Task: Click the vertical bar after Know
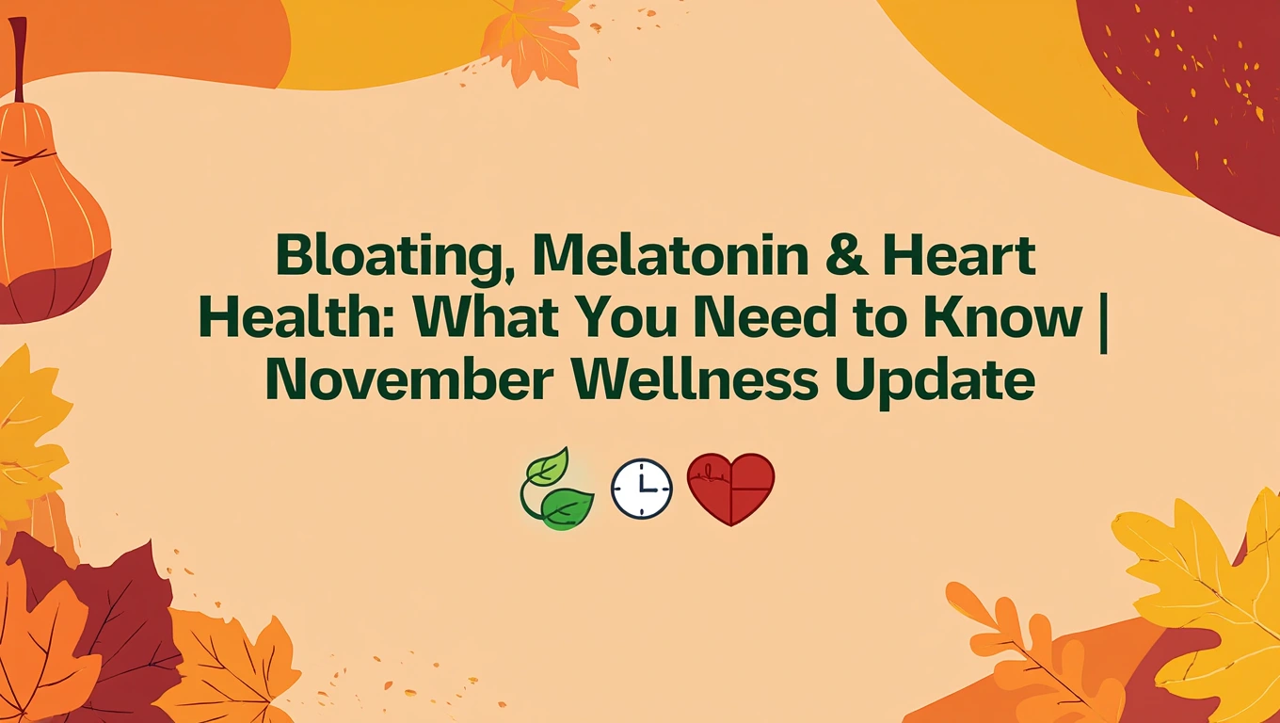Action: (x=1103, y=320)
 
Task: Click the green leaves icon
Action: (x=557, y=490)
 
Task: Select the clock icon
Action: (x=642, y=490)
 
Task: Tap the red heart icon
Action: (x=731, y=488)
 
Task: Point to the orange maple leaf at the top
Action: (x=532, y=42)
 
